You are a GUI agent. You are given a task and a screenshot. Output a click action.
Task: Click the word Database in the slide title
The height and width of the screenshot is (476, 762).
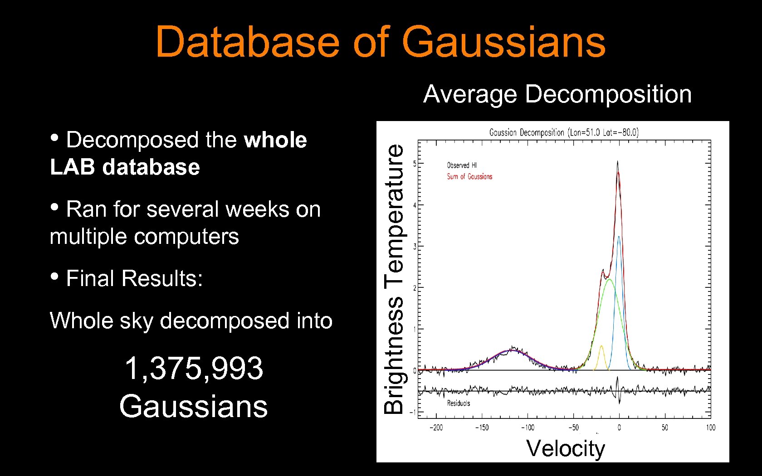[247, 42]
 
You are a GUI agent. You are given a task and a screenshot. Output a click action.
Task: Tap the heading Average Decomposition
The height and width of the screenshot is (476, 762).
[557, 94]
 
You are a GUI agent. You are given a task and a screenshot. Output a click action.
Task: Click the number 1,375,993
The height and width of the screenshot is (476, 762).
[194, 368]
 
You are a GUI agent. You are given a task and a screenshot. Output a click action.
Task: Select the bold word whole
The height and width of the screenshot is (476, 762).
[275, 140]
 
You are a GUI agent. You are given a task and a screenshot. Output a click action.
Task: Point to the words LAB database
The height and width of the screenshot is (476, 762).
[125, 167]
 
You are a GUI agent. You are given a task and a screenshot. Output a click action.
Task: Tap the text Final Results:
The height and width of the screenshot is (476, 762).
[134, 278]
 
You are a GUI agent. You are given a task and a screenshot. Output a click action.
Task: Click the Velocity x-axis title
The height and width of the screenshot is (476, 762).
[565, 448]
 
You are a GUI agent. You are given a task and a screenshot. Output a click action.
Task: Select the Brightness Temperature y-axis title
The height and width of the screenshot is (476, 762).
[393, 279]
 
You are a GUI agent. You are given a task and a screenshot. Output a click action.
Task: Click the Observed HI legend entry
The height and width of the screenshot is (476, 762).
[462, 165]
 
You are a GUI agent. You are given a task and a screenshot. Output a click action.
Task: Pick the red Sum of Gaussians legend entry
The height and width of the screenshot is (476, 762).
[469, 176]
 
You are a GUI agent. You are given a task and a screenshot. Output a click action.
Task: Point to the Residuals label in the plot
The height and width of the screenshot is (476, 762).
[458, 403]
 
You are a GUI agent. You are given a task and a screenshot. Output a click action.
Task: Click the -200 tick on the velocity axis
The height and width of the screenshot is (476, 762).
[436, 427]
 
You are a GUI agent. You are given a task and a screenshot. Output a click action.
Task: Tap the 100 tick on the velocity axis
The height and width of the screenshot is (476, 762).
[710, 427]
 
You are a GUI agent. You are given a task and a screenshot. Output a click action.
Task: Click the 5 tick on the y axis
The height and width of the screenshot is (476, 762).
[415, 163]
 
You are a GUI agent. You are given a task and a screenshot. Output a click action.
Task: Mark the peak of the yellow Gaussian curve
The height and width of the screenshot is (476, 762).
[601, 346]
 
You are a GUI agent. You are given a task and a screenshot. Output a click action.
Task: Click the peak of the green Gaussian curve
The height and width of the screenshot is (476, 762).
[609, 280]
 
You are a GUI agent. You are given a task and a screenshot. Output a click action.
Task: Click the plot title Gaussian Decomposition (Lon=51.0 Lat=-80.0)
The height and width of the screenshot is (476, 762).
[564, 132]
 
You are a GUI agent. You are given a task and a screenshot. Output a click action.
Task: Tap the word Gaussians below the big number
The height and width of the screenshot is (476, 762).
[194, 406]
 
